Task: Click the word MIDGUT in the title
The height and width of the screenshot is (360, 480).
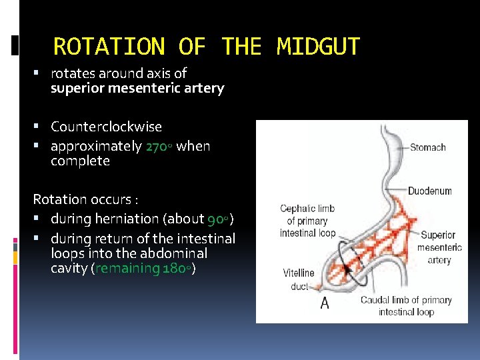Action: (318, 47)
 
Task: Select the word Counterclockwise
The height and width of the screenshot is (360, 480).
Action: (106, 127)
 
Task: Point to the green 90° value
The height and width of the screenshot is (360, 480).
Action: (218, 219)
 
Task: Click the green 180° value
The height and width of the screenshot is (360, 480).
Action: (177, 268)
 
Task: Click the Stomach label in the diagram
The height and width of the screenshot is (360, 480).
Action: (427, 147)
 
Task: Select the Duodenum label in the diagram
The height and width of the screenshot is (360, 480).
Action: (429, 191)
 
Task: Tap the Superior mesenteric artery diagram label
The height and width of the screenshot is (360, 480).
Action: (439, 247)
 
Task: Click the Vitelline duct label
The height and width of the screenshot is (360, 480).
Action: (298, 280)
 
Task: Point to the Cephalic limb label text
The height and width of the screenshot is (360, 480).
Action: (307, 221)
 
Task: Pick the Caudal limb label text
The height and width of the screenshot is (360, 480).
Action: (405, 306)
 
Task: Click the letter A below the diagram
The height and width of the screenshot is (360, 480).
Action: (325, 304)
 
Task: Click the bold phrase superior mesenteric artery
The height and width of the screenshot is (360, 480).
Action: (137, 88)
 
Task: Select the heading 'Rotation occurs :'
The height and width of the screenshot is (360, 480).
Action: (85, 199)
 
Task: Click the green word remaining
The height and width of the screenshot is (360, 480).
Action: (129, 268)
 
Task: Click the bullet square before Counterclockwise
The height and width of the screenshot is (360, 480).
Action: (41, 127)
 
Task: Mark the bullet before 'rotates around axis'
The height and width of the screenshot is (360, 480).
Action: (41, 73)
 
